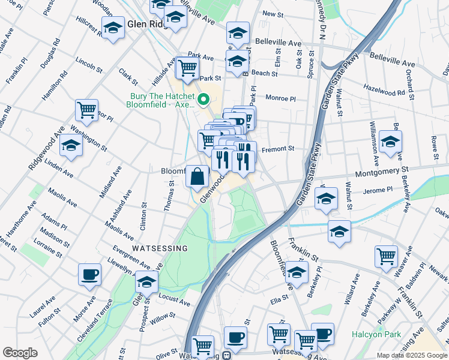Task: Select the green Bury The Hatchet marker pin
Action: coord(203,99)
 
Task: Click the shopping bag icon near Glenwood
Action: coord(197,176)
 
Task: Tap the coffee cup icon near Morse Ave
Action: coord(90,275)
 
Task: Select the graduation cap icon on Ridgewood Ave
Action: coord(71,146)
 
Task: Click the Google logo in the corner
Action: coord(20,352)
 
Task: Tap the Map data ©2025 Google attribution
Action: coord(412,355)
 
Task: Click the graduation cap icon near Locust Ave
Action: coord(147,281)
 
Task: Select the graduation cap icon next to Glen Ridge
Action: coord(113,28)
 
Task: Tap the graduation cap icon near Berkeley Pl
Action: coord(297,272)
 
